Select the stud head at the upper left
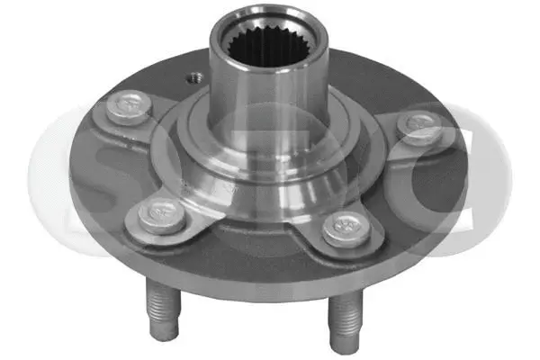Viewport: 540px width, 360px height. (x=124, y=108)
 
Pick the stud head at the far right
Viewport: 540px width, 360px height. (x=420, y=128)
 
